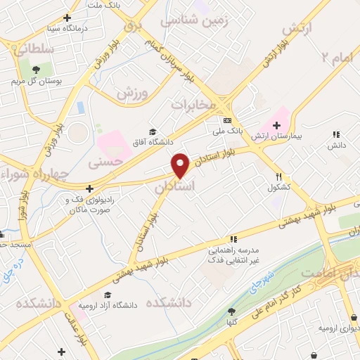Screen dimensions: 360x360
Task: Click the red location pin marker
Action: tap(181, 165)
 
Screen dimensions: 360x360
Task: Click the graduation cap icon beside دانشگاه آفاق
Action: tap(153, 132)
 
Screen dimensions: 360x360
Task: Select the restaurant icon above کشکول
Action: tap(278, 176)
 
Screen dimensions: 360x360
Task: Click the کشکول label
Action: tap(278, 188)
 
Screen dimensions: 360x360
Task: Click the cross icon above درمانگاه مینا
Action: tap(67, 18)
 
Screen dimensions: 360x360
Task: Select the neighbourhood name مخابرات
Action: tap(193, 105)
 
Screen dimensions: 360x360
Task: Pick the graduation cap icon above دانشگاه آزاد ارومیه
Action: tap(108, 295)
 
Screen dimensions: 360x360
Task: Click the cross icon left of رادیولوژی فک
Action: tap(89, 188)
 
